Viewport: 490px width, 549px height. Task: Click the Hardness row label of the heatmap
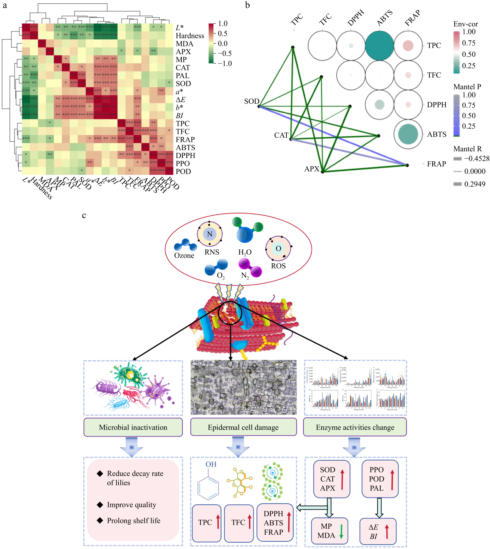[190, 36]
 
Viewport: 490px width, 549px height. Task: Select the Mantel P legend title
[467, 87]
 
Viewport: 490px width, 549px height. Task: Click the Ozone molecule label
[184, 255]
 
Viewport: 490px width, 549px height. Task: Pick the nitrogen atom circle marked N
[210, 234]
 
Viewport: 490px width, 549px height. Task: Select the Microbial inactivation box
[133, 427]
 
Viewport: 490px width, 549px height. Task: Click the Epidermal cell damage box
[243, 427]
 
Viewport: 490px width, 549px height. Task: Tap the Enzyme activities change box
[355, 427]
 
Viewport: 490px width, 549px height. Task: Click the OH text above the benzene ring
[211, 464]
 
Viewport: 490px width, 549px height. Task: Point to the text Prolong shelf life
[134, 520]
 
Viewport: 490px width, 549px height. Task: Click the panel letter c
[84, 215]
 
